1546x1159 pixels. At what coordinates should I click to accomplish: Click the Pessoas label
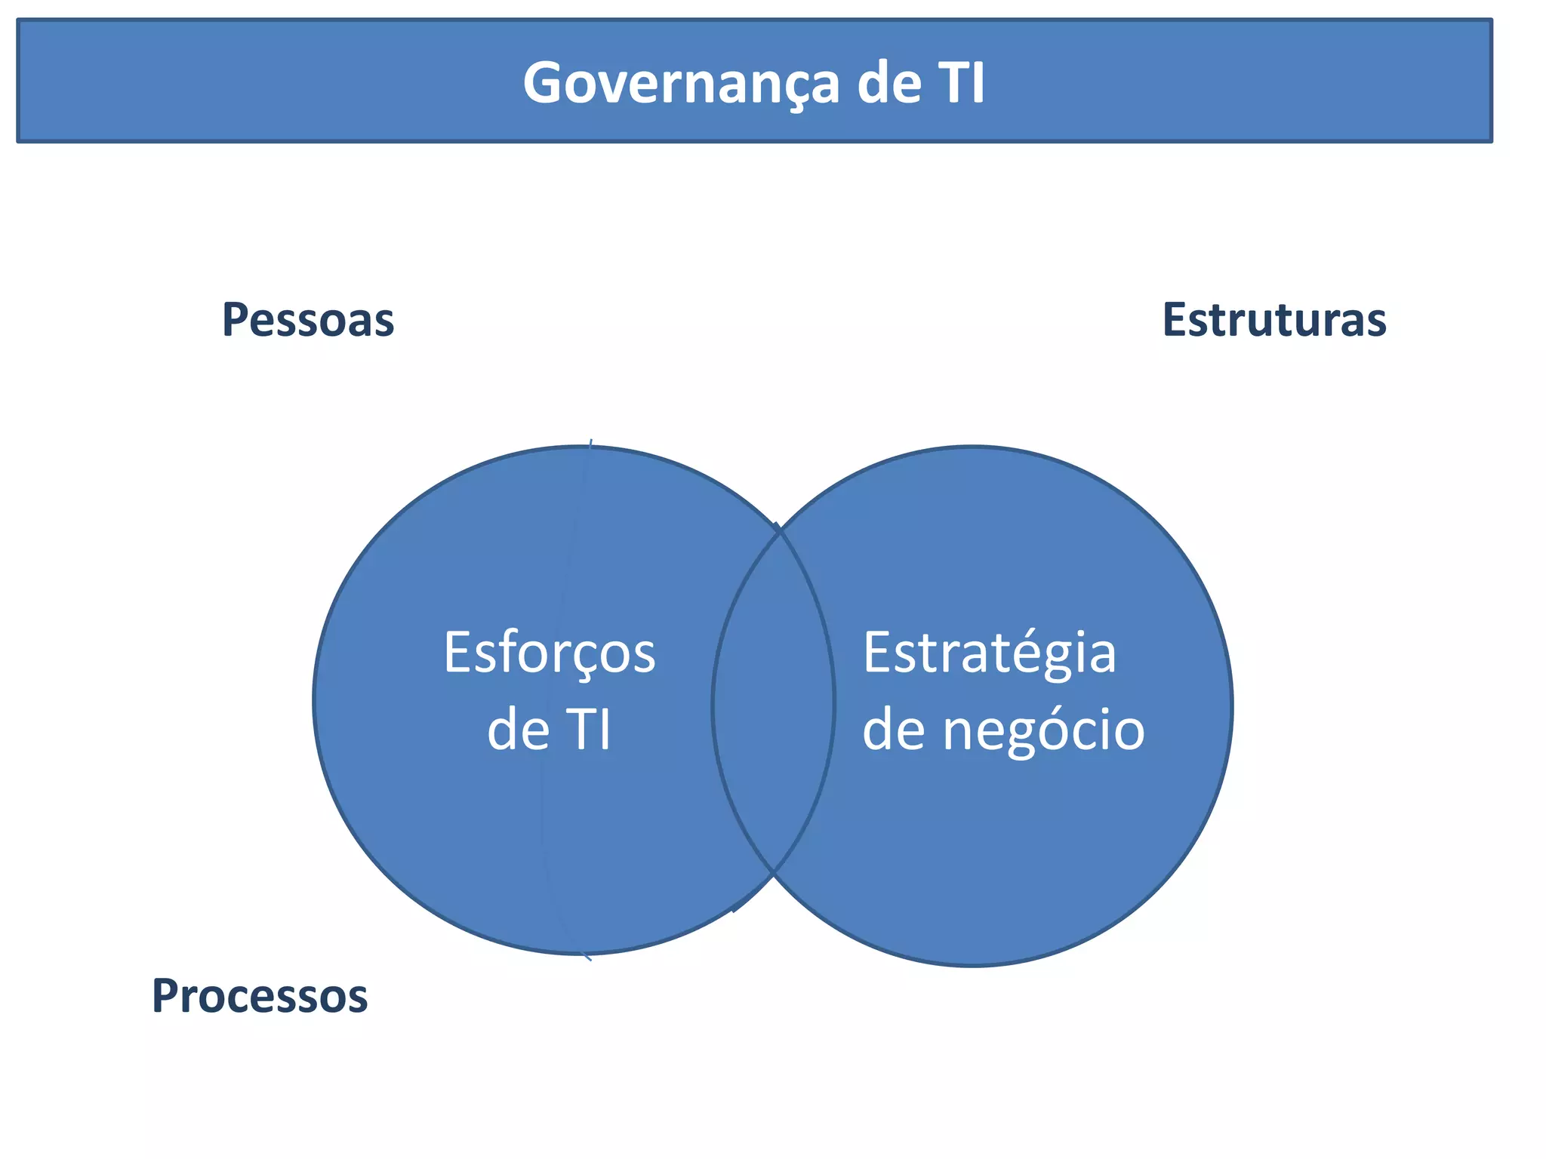pyautogui.click(x=308, y=320)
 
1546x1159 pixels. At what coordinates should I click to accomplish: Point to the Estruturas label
pyautogui.click(x=1274, y=320)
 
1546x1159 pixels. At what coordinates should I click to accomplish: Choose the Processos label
pyautogui.click(x=260, y=996)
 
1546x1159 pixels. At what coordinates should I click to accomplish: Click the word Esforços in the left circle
pyautogui.click(x=550, y=653)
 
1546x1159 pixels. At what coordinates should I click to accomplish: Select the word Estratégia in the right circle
pyautogui.click(x=989, y=653)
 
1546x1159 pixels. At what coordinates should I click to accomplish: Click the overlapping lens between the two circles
pyautogui.click(x=774, y=702)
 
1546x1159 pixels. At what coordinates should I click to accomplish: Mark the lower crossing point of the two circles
pyautogui.click(x=773, y=873)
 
